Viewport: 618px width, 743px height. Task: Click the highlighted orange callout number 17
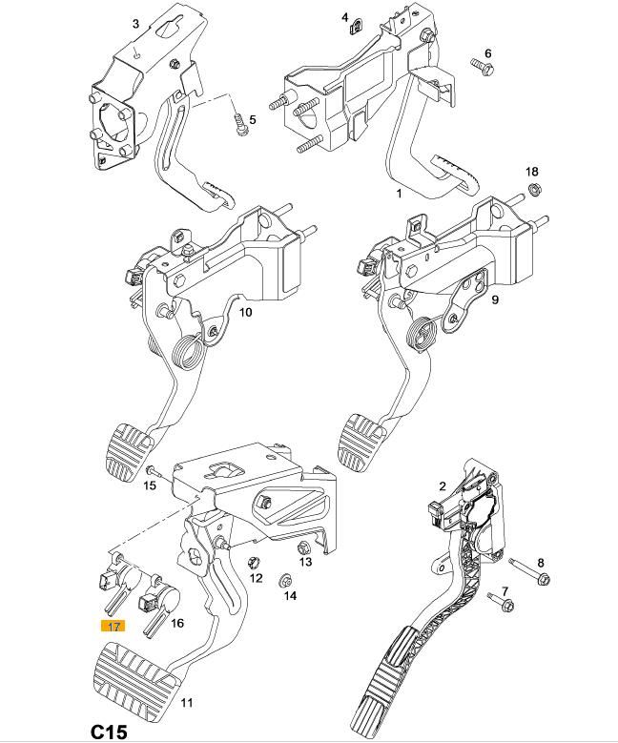[113, 627]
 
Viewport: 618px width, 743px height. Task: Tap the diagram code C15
[110, 732]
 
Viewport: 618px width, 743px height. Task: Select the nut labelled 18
[533, 188]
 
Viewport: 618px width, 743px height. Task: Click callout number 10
[245, 312]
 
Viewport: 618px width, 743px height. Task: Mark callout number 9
[495, 299]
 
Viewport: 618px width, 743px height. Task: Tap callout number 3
[134, 24]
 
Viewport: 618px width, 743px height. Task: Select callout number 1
[400, 193]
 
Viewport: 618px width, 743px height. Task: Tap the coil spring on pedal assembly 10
[190, 355]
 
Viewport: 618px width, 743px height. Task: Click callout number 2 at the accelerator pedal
[443, 486]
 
